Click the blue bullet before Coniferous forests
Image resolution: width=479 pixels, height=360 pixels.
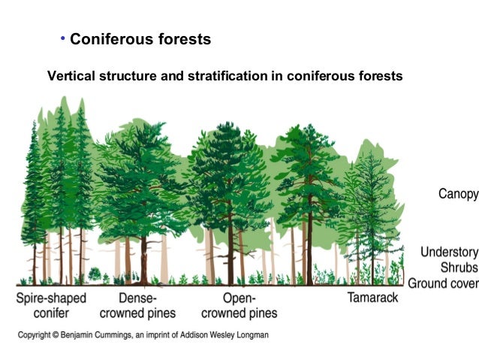[x=63, y=38]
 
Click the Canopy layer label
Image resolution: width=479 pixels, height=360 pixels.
[x=457, y=194]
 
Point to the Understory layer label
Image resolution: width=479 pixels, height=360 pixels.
[x=449, y=253]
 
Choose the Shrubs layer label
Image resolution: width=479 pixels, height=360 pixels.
[x=459, y=268]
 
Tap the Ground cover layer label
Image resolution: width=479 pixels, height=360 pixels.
[x=443, y=283]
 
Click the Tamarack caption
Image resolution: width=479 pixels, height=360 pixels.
[x=372, y=298]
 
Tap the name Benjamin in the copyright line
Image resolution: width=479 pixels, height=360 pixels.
[x=89, y=333]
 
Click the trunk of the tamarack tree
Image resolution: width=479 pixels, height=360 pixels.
[x=372, y=256]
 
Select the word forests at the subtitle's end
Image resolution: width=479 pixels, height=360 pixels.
[x=381, y=76]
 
